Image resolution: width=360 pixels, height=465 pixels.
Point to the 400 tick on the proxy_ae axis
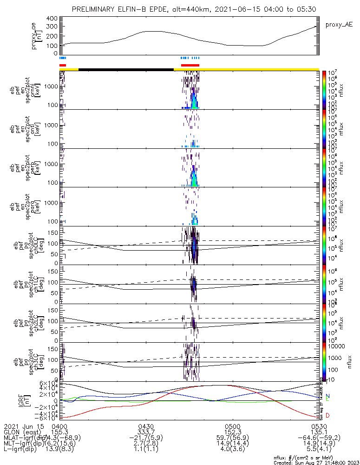coord(51,19)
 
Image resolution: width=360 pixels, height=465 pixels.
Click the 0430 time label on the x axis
coord(146,426)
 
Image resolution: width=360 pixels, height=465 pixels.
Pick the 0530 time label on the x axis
coord(319,426)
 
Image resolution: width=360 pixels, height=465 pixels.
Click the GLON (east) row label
coord(20,432)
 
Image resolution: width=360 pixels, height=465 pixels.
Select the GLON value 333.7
coord(146,432)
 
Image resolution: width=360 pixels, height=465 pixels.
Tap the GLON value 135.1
coord(319,432)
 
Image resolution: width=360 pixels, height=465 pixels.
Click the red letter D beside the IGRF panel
coord(328,415)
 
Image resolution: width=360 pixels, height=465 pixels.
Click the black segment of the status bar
coord(126,69)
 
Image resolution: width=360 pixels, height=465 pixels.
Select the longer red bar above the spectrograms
coord(190,65)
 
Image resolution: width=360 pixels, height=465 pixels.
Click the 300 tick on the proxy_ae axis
coord(51,27)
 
